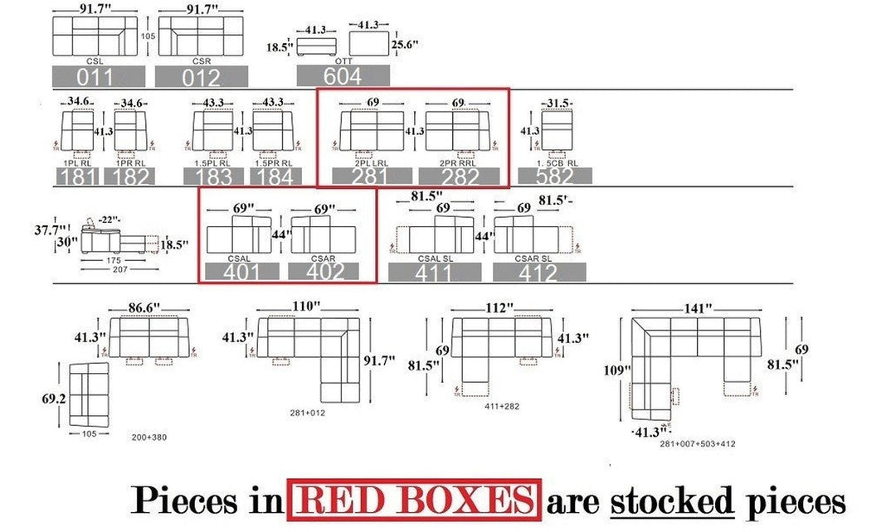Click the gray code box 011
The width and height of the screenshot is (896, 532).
[x=98, y=76]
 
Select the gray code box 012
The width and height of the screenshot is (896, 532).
[x=202, y=77]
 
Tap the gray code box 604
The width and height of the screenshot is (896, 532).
[x=343, y=75]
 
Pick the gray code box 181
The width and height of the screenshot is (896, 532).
[x=77, y=177]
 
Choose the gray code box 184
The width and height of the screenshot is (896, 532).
[x=275, y=177]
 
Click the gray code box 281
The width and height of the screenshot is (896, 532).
[x=371, y=176]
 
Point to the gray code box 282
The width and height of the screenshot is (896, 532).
[x=459, y=176]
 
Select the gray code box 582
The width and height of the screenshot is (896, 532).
[x=555, y=176]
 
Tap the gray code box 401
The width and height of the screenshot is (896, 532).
[x=241, y=271]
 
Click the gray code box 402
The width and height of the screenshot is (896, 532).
[x=324, y=271]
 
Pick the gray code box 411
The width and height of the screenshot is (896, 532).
[x=435, y=272]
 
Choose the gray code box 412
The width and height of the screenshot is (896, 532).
[x=539, y=272]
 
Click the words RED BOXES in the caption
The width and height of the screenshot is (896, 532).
[x=413, y=501]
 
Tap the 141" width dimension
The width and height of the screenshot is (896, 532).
[x=698, y=308]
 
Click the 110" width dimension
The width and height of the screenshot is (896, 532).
[x=306, y=306]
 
